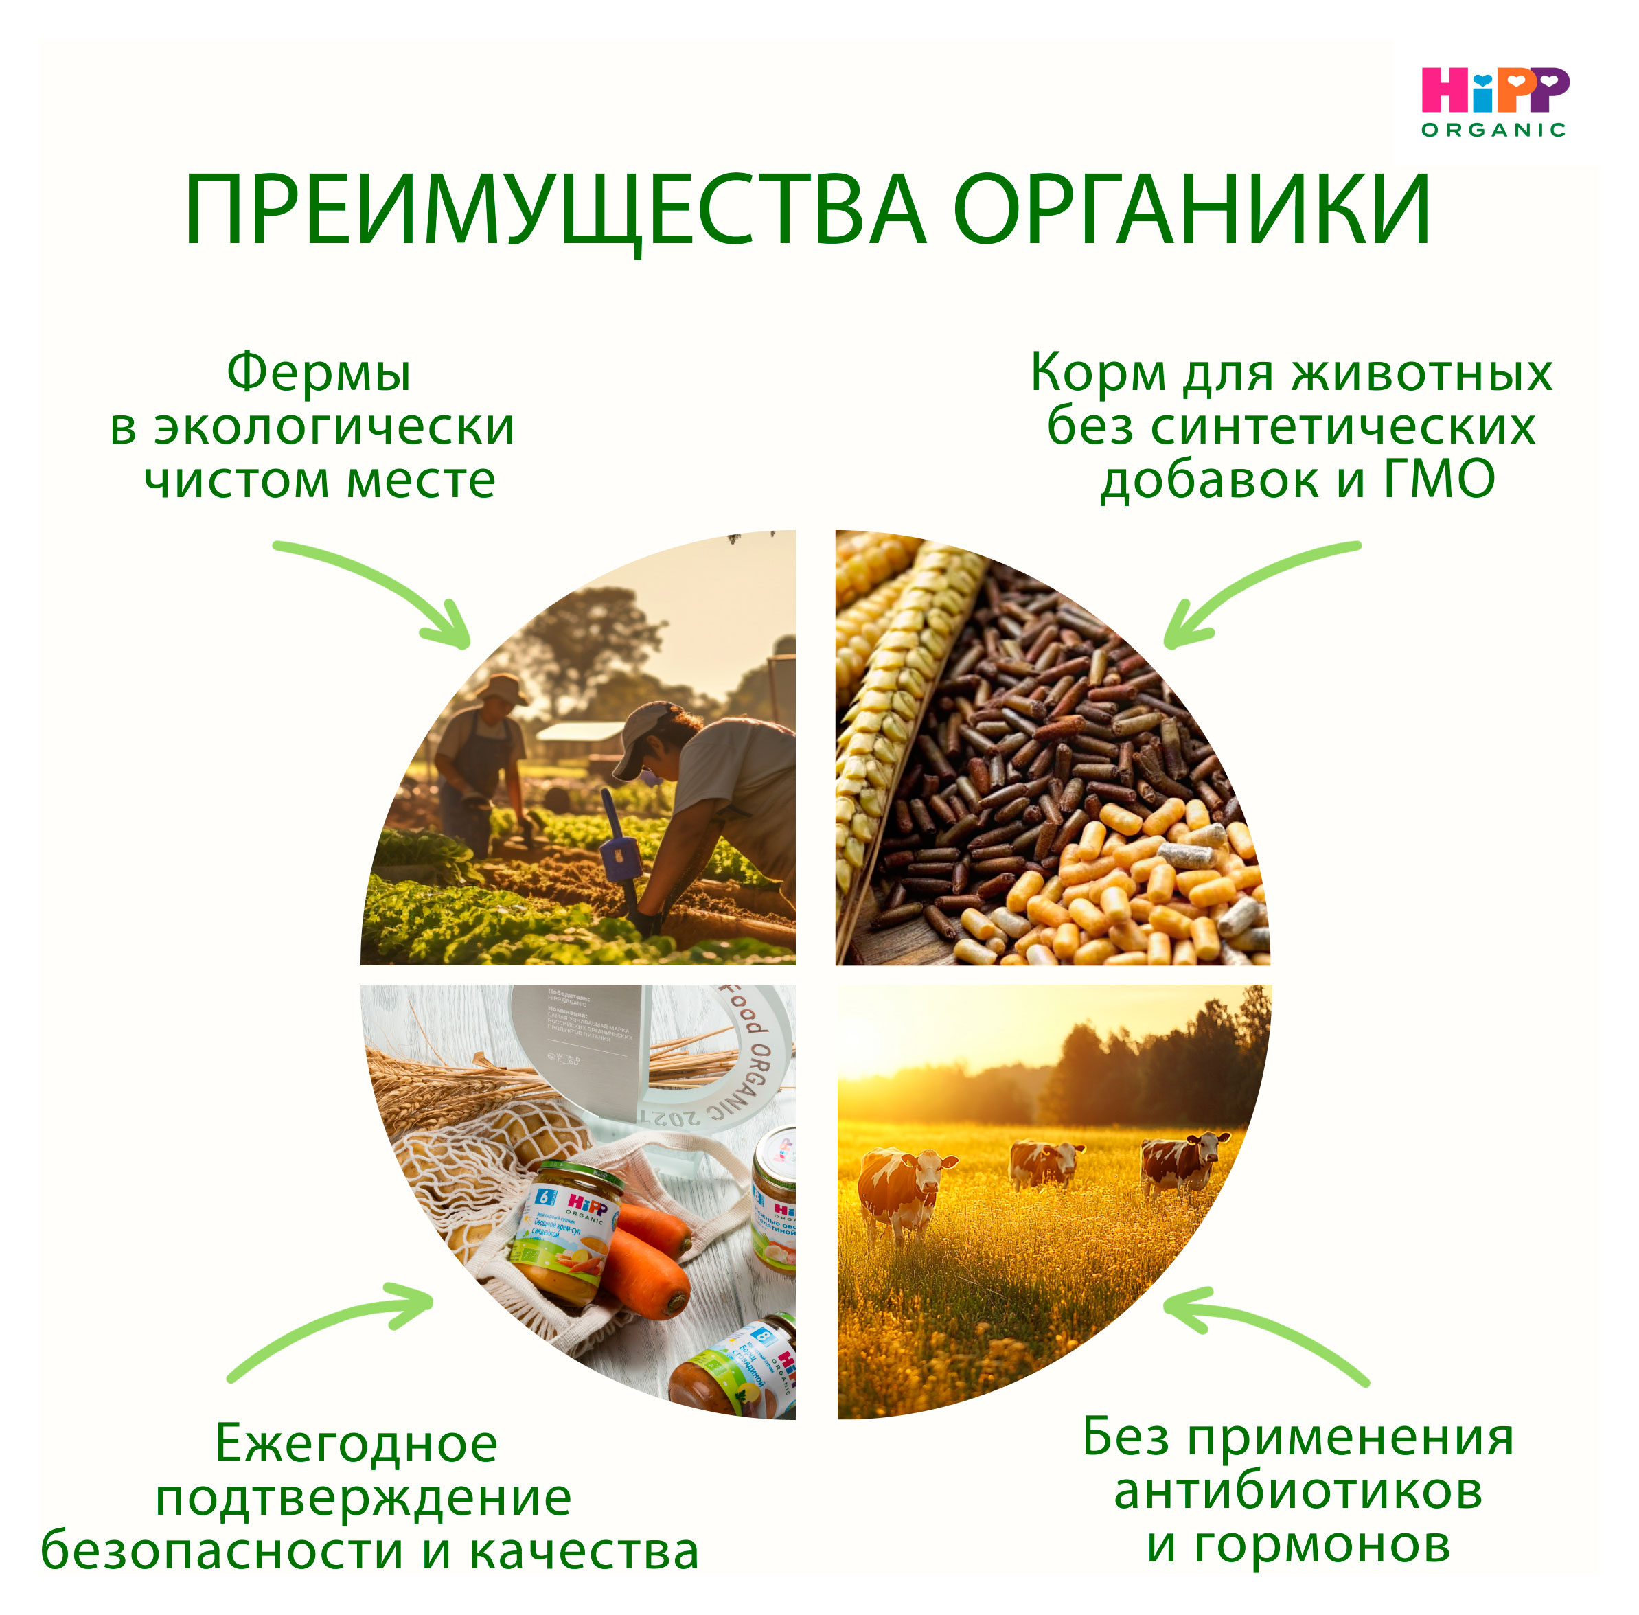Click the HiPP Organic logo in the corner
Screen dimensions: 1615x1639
[1494, 102]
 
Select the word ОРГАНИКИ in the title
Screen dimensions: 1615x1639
[1192, 210]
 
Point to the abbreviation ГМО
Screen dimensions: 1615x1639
[1440, 480]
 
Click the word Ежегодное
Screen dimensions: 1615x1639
[356, 1443]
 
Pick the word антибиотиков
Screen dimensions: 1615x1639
[1298, 1491]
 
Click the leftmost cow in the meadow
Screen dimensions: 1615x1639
[903, 1187]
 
